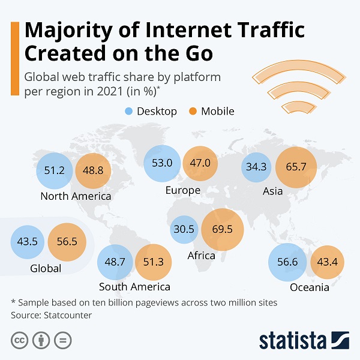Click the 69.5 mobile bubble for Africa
pos(223,229)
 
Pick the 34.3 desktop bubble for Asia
pos(256,167)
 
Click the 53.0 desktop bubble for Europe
pos(162,163)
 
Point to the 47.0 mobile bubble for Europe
pos(200,163)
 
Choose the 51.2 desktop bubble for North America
pos(54,170)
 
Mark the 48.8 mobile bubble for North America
pos(93,170)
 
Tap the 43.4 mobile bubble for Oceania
pos(327,262)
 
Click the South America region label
pos(134,287)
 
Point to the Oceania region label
pos(310,287)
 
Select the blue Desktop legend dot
pos(128,111)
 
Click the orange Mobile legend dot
pos(192,111)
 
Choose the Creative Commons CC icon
pos(20,340)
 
